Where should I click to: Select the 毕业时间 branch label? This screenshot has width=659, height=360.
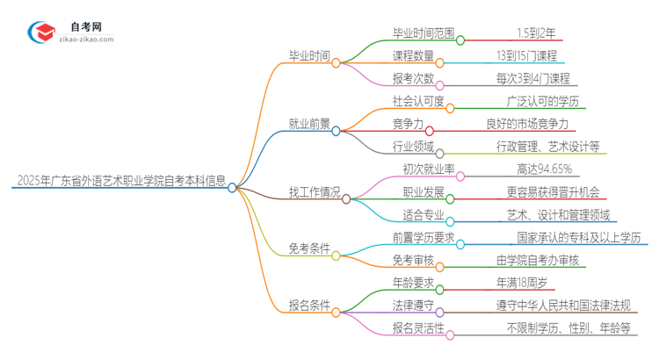[310, 56]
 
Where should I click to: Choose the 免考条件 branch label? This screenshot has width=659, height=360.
[310, 248]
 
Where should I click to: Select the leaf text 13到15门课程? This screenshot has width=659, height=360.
[532, 56]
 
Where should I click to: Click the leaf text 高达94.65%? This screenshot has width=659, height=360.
[545, 169]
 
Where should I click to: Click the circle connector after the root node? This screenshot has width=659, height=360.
[232, 187]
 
